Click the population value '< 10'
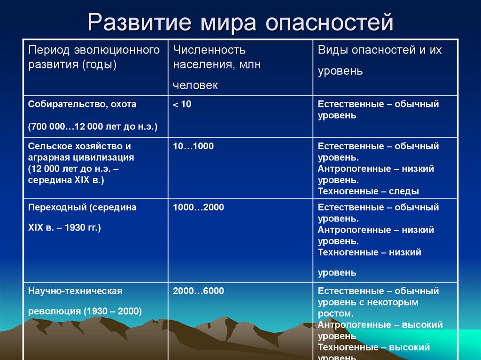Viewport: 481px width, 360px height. coord(182,104)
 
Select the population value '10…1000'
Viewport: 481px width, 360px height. coord(193,146)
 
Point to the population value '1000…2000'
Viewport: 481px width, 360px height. coord(198,207)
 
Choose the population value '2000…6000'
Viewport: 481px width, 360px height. coord(198,291)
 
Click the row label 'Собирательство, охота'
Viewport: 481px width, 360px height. coord(82,104)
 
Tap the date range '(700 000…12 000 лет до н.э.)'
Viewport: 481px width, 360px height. coord(93,127)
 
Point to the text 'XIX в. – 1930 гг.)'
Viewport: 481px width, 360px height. coord(64,228)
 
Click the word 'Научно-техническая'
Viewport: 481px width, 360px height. coord(75,291)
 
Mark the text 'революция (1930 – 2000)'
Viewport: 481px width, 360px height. coord(85,311)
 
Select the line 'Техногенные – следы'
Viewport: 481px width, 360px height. coord(368,191)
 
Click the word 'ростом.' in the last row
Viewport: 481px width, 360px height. coord(335,314)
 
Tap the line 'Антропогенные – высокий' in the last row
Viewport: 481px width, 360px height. coord(380,325)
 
